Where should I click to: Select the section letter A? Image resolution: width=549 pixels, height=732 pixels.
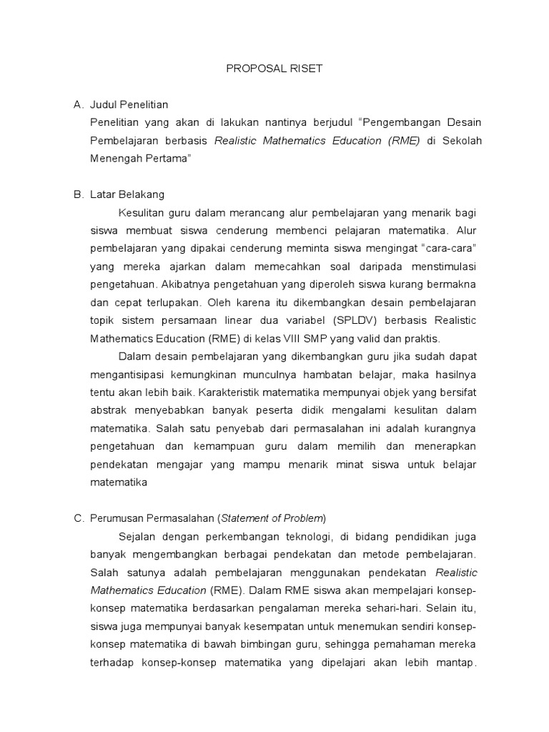[79, 105]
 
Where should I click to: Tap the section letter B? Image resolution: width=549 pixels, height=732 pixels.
[79, 194]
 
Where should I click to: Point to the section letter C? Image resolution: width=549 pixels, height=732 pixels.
[79, 518]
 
